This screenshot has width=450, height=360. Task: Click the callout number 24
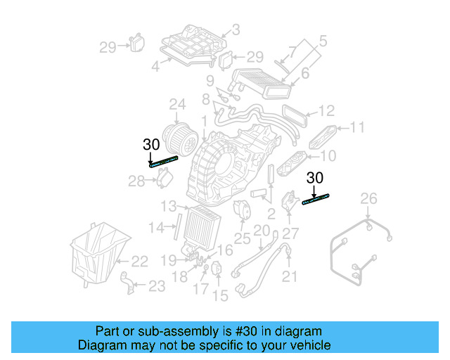coord(176,106)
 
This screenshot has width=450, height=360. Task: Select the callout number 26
coord(369,200)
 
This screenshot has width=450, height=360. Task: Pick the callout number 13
coord(167,206)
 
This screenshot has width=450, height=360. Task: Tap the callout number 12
coord(326,110)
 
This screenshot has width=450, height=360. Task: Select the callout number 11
coord(357,127)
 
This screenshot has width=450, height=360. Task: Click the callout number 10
coord(328,155)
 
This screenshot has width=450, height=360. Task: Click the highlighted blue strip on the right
coord(316,200)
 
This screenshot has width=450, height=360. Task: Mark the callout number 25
coord(242,239)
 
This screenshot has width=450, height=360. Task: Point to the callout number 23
coord(157,285)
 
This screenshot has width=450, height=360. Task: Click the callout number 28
coord(136,182)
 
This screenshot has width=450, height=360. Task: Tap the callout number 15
coord(221,296)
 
